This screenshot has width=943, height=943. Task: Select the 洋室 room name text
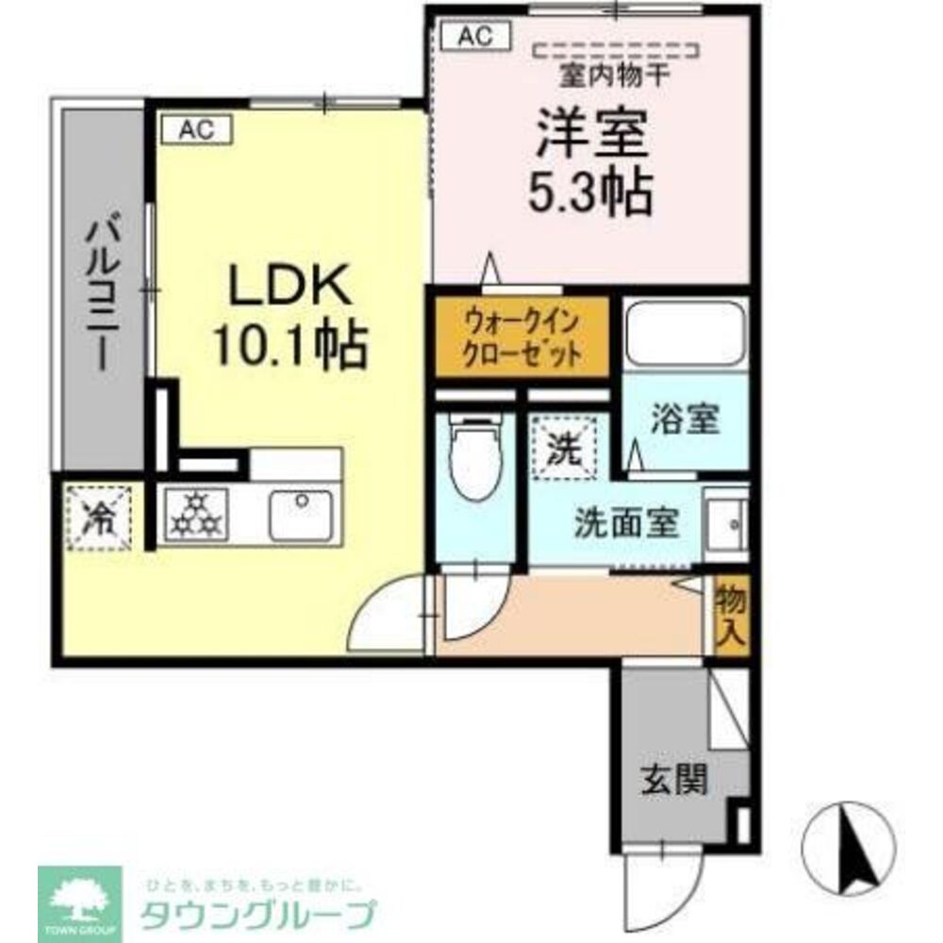[591, 135]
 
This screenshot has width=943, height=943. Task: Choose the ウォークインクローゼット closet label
[521, 338]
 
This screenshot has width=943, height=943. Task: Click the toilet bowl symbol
[477, 459]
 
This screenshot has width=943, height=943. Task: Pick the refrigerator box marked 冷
[97, 516]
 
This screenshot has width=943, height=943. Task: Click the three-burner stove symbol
[199, 515]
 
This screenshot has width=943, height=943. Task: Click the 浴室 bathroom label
[684, 421]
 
